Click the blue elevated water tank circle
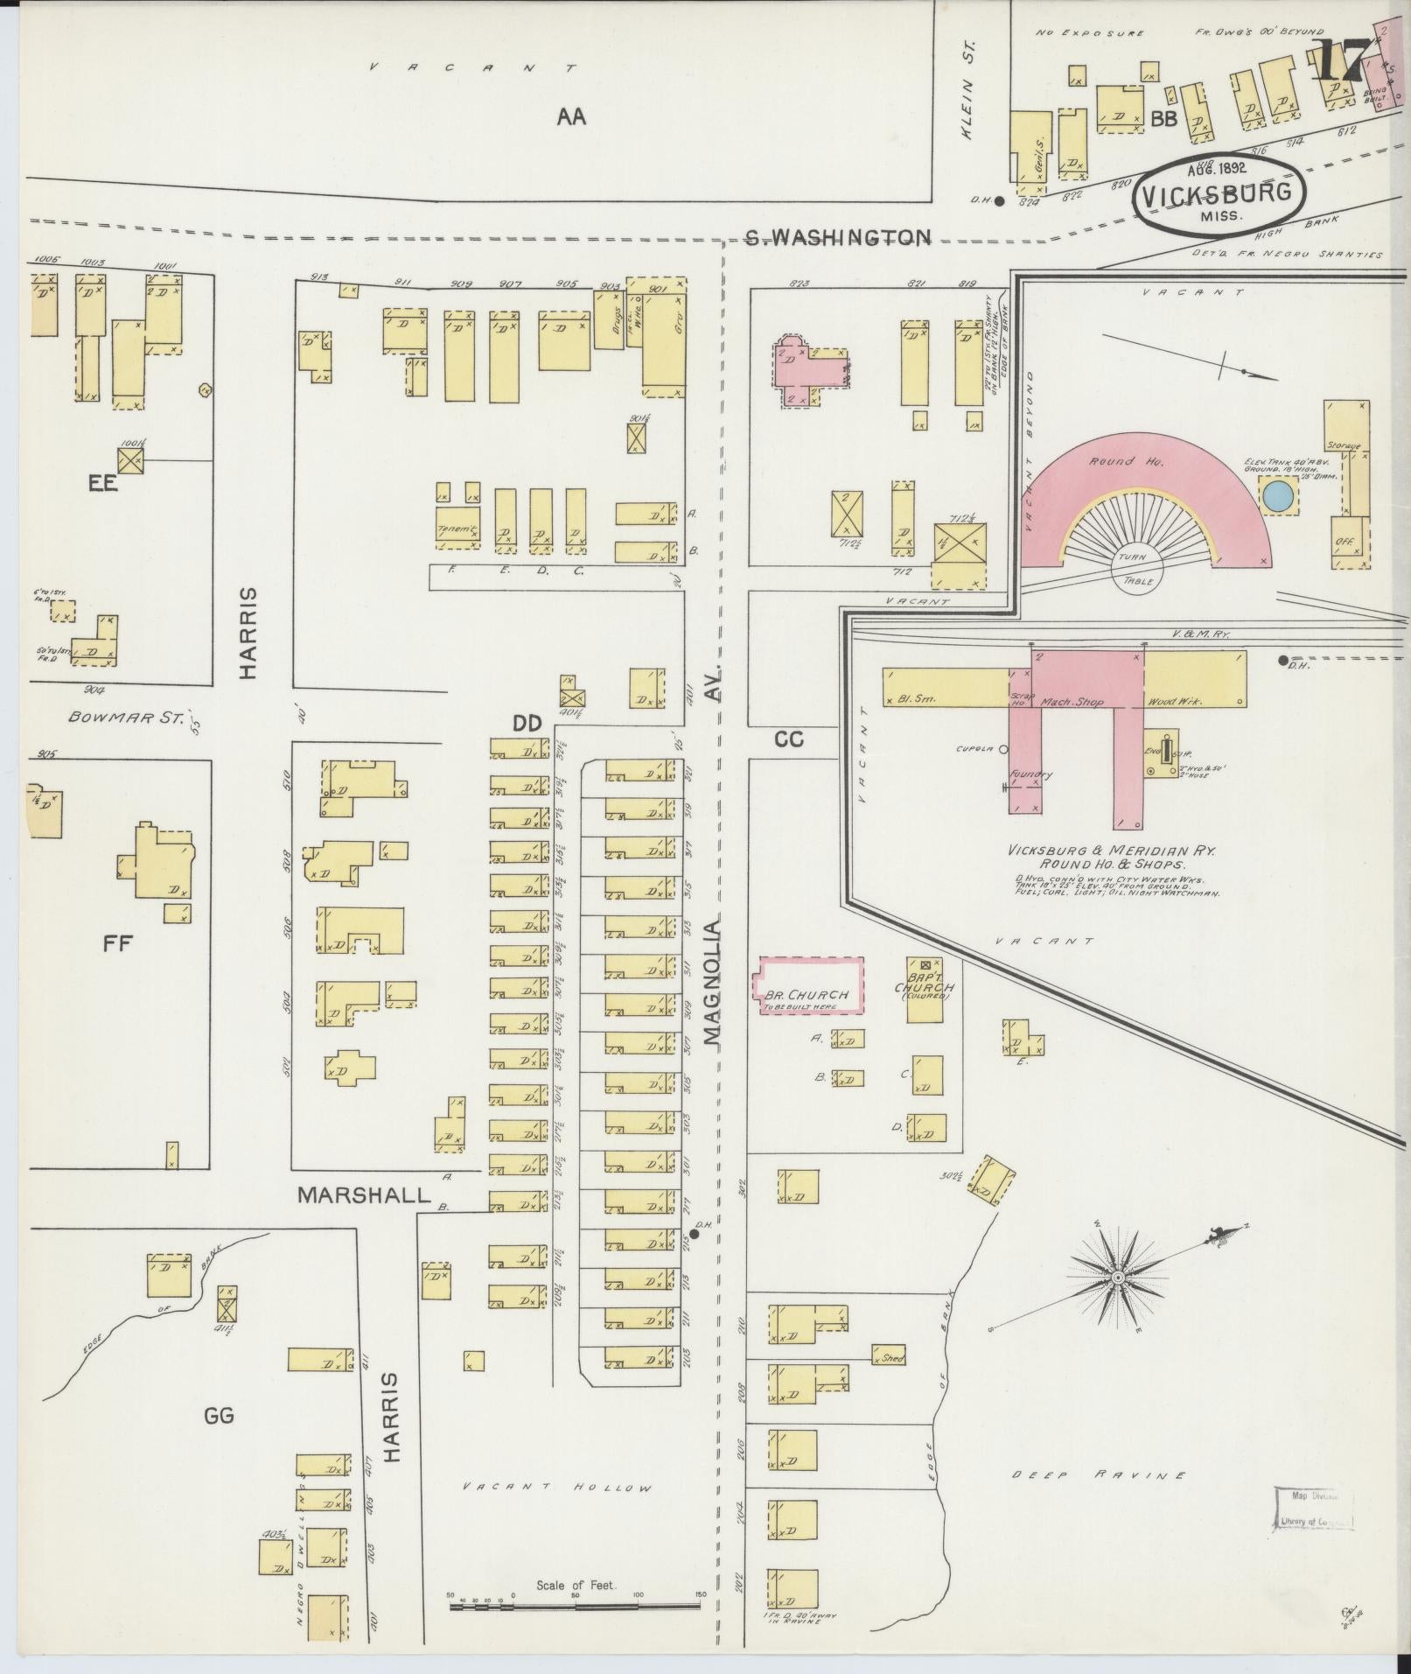tap(1278, 496)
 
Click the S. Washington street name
tap(837, 236)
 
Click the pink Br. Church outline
tap(809, 985)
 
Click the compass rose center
tap(1117, 1278)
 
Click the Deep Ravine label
tap(1099, 1474)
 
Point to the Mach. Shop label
tap(1072, 702)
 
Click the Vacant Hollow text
tap(557, 1488)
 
